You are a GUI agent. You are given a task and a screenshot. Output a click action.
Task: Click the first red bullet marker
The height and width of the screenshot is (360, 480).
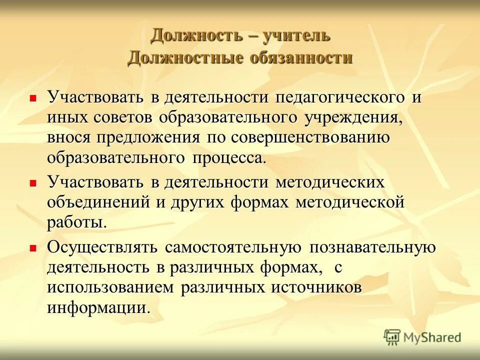pyautogui.click(x=33, y=98)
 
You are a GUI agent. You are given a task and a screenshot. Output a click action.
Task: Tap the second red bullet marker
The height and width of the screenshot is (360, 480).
pyautogui.click(x=33, y=183)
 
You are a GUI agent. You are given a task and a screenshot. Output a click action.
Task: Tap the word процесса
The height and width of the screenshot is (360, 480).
pyautogui.click(x=228, y=158)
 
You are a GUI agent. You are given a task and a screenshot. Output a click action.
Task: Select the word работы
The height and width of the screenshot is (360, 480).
pyautogui.click(x=76, y=223)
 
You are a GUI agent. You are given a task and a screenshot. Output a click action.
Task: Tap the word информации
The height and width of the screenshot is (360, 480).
pyautogui.click(x=98, y=307)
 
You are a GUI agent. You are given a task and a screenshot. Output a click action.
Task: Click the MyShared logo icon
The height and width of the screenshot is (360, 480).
pyautogui.click(x=392, y=337)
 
